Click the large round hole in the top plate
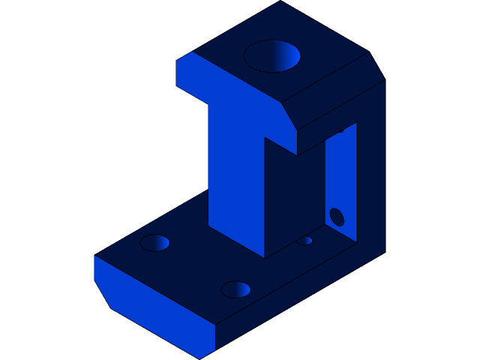[271, 56]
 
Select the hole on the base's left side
[154, 243]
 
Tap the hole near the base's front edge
[235, 289]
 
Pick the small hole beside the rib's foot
[304, 241]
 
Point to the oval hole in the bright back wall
[337, 217]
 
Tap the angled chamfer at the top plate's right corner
[376, 66]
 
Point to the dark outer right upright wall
[371, 172]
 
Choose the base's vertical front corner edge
[216, 337]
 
